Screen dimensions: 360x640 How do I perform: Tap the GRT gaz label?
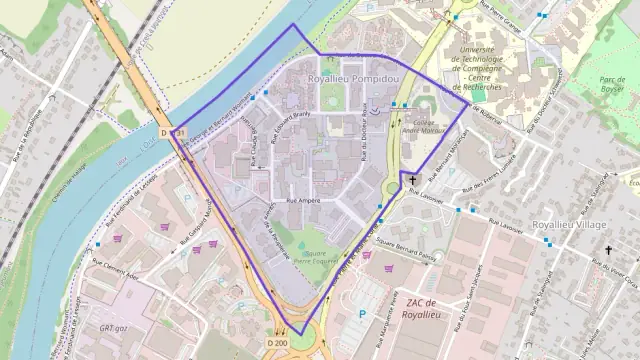click(x=108, y=327)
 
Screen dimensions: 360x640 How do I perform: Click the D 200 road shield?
click(x=277, y=342)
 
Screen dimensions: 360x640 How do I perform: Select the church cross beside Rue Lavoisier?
click(x=411, y=181)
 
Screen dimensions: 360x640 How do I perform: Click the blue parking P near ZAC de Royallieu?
click(x=362, y=314)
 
